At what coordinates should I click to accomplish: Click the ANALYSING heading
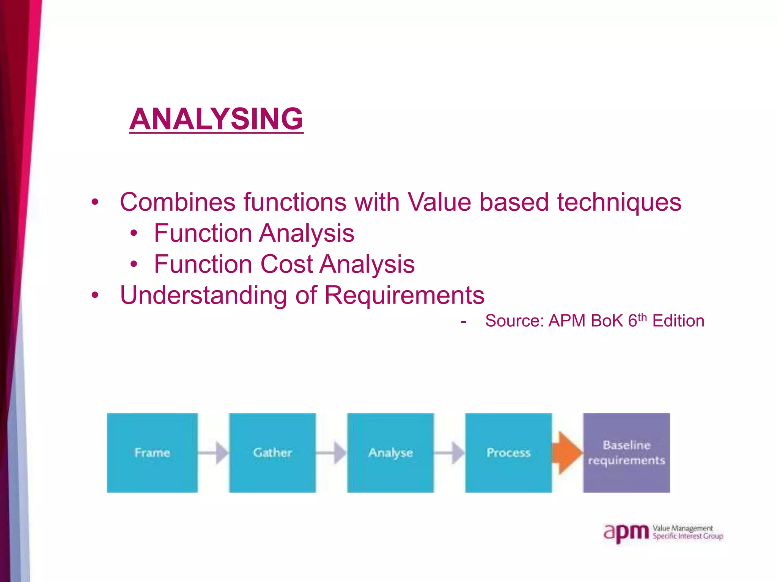[x=216, y=119]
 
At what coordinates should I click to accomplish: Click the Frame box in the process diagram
[x=152, y=452]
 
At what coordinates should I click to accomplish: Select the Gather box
[x=272, y=452]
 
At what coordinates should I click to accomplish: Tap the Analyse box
[x=390, y=452]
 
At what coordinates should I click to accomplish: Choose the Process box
[x=508, y=452]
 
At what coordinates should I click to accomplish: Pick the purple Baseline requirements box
[x=626, y=452]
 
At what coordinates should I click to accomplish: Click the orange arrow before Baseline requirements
[x=568, y=452]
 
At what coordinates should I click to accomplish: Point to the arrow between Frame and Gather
[x=214, y=452]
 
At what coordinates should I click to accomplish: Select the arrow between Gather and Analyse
[x=332, y=452]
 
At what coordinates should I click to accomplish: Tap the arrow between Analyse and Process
[x=450, y=452]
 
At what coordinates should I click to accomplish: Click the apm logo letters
[x=626, y=533]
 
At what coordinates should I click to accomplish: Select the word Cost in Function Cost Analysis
[x=286, y=264]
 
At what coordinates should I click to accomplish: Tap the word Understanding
[x=203, y=295]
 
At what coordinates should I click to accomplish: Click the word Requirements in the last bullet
[x=404, y=295]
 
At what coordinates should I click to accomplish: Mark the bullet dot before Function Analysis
[x=134, y=233]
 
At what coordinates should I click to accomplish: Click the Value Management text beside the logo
[x=683, y=528]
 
